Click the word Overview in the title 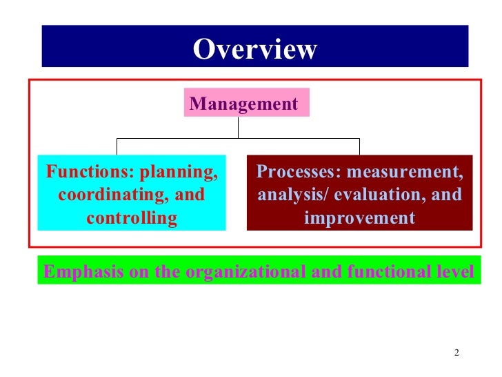(x=254, y=49)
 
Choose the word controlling (x=132, y=218)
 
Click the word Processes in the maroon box (x=298, y=171)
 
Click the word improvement (x=359, y=218)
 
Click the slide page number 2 (x=456, y=354)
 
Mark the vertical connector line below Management (x=238, y=128)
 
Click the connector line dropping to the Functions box (x=117, y=146)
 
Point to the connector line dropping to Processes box (x=359, y=146)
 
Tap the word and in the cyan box (x=190, y=195)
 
